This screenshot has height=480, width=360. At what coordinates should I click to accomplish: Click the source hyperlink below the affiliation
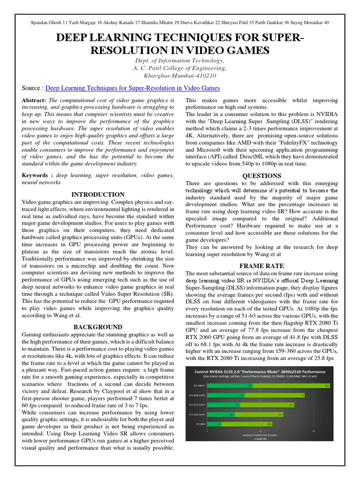pos(132,88)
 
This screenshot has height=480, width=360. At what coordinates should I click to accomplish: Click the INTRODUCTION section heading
pos(97,195)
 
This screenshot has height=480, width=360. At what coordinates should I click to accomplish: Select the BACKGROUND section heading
pos(97,327)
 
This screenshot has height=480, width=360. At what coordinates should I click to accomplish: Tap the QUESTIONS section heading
pos(262,176)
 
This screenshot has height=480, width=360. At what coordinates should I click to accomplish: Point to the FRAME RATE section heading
pos(262,266)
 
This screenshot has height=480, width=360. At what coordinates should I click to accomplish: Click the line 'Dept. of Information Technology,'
pos(180,61)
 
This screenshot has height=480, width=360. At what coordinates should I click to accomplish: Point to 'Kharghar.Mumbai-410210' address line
pos(180,75)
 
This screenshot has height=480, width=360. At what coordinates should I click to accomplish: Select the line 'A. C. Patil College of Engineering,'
pos(180,68)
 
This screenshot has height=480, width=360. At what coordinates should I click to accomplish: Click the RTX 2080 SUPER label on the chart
pos(197,395)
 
